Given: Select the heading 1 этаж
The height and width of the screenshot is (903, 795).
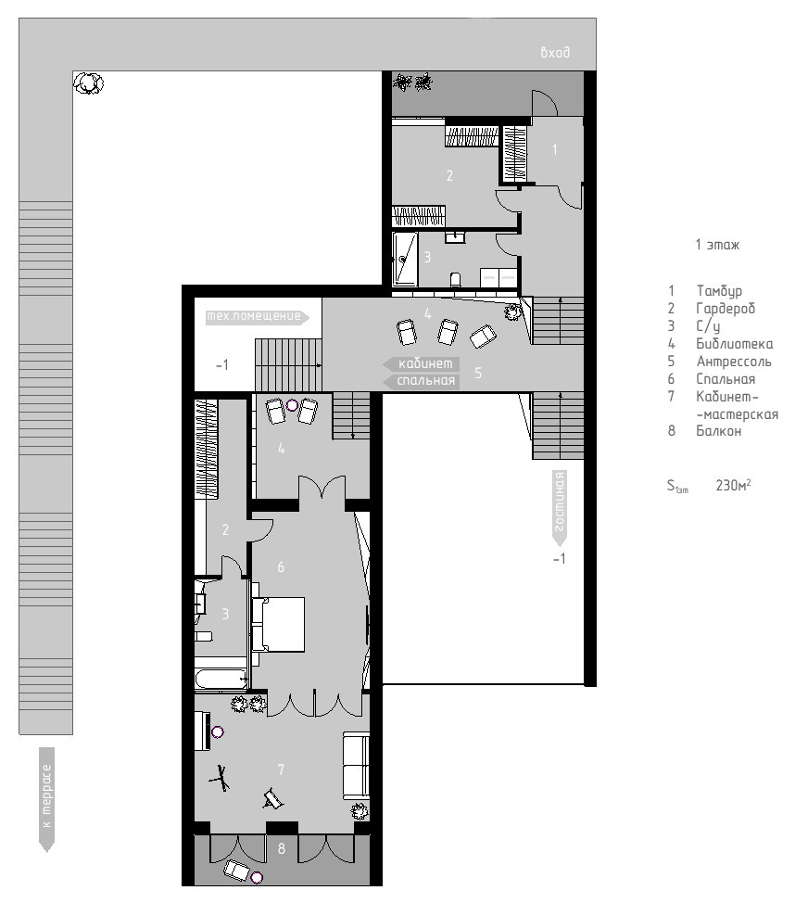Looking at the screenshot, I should (x=716, y=246).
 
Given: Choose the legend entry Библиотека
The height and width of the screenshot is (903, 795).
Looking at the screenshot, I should (x=735, y=344).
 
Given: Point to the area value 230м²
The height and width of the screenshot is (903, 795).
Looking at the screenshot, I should (x=733, y=485).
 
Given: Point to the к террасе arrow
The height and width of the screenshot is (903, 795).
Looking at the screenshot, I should (x=46, y=797).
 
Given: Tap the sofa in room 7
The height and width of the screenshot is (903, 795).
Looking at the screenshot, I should (x=357, y=766).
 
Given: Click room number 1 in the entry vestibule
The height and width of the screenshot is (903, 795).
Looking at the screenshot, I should (x=555, y=149).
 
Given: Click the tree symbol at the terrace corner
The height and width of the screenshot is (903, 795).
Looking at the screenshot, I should (x=89, y=83).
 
